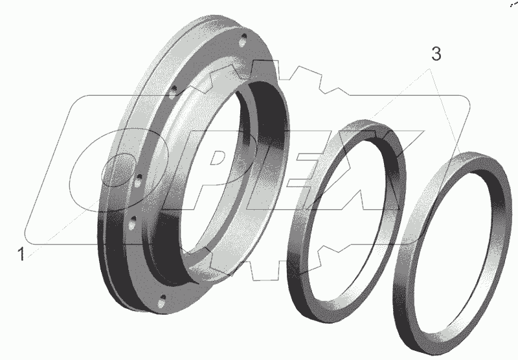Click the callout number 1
tap(21, 254)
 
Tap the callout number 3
tap(436, 54)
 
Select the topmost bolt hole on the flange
tap(243, 39)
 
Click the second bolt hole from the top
tap(173, 92)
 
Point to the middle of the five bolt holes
tap(138, 181)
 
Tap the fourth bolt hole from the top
tap(133, 223)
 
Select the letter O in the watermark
tap(120, 170)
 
